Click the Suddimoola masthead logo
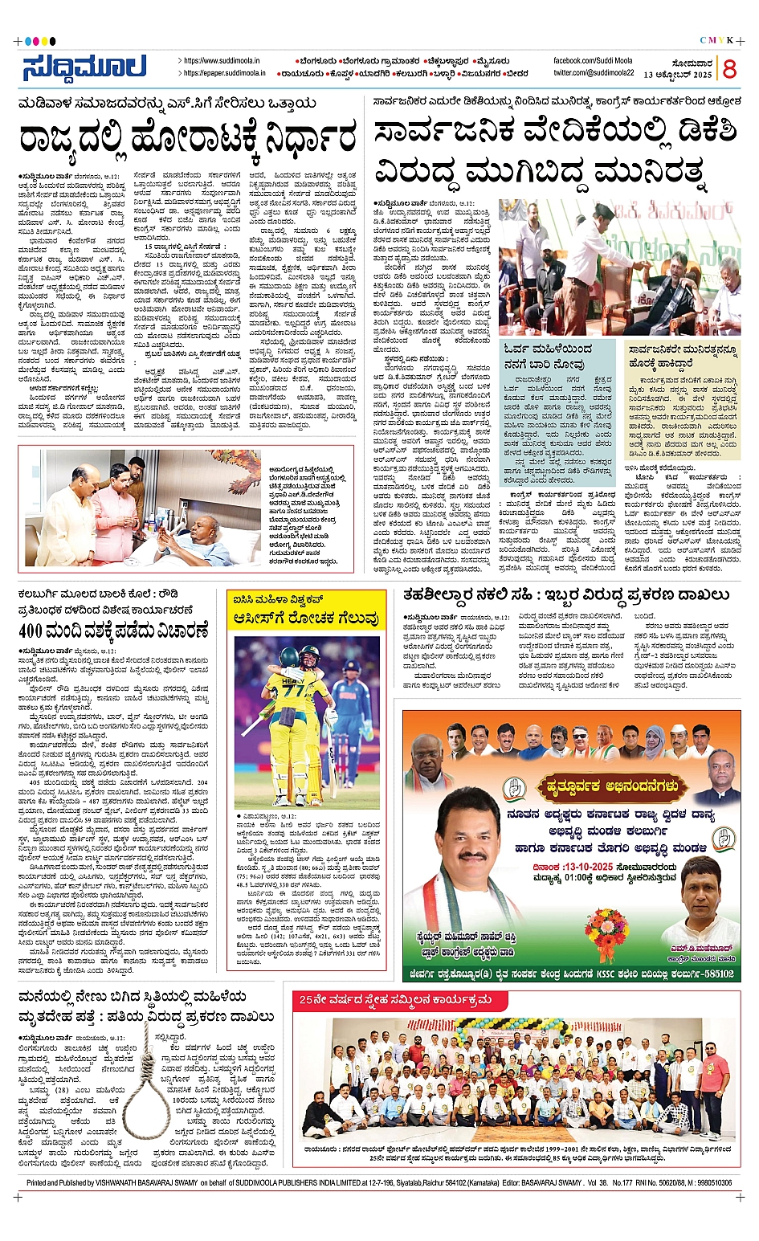[84, 67]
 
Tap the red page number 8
[729, 69]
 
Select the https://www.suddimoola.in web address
[222, 60]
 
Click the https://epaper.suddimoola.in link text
[224, 73]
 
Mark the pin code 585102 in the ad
[714, 974]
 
